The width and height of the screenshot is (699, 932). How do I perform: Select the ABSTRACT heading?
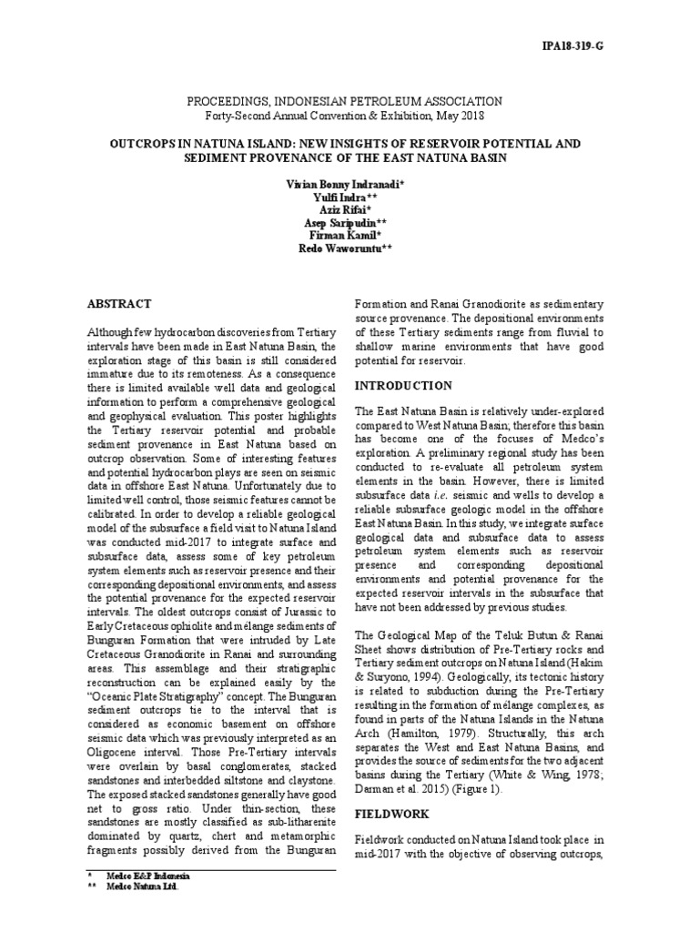118,303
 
